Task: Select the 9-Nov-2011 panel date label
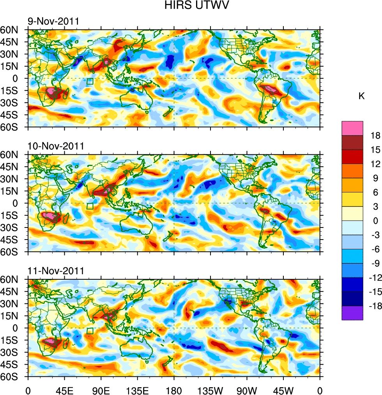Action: (x=53, y=21)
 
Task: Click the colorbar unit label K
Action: (x=361, y=96)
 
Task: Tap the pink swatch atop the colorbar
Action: (x=352, y=128)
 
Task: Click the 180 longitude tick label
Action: (x=174, y=390)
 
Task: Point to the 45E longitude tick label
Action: (x=64, y=390)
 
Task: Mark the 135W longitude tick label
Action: (x=210, y=390)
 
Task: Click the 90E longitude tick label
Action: (x=101, y=390)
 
